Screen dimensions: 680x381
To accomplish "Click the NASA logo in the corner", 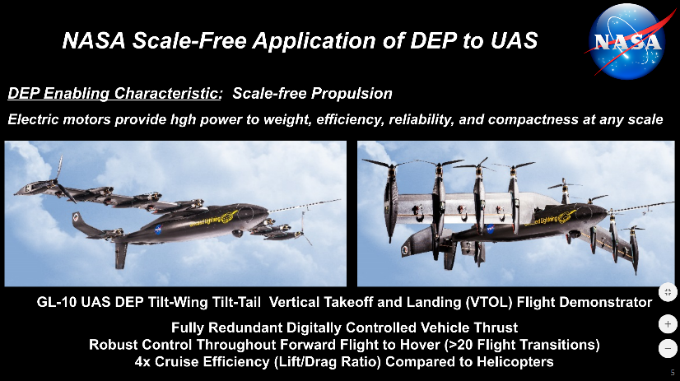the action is pyautogui.click(x=627, y=41).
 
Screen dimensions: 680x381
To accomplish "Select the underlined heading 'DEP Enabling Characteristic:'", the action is pyautogui.click(x=115, y=94).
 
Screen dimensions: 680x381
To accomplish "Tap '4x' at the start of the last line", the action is pyautogui.click(x=142, y=362).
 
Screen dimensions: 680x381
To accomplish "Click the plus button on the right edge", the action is pyautogui.click(x=668, y=324).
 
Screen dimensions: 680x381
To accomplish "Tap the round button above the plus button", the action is pyautogui.click(x=668, y=292).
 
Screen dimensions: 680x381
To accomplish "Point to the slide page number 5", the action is pyautogui.click(x=673, y=372).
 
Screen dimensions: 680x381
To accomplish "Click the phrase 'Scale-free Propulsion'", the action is pyautogui.click(x=312, y=94).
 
